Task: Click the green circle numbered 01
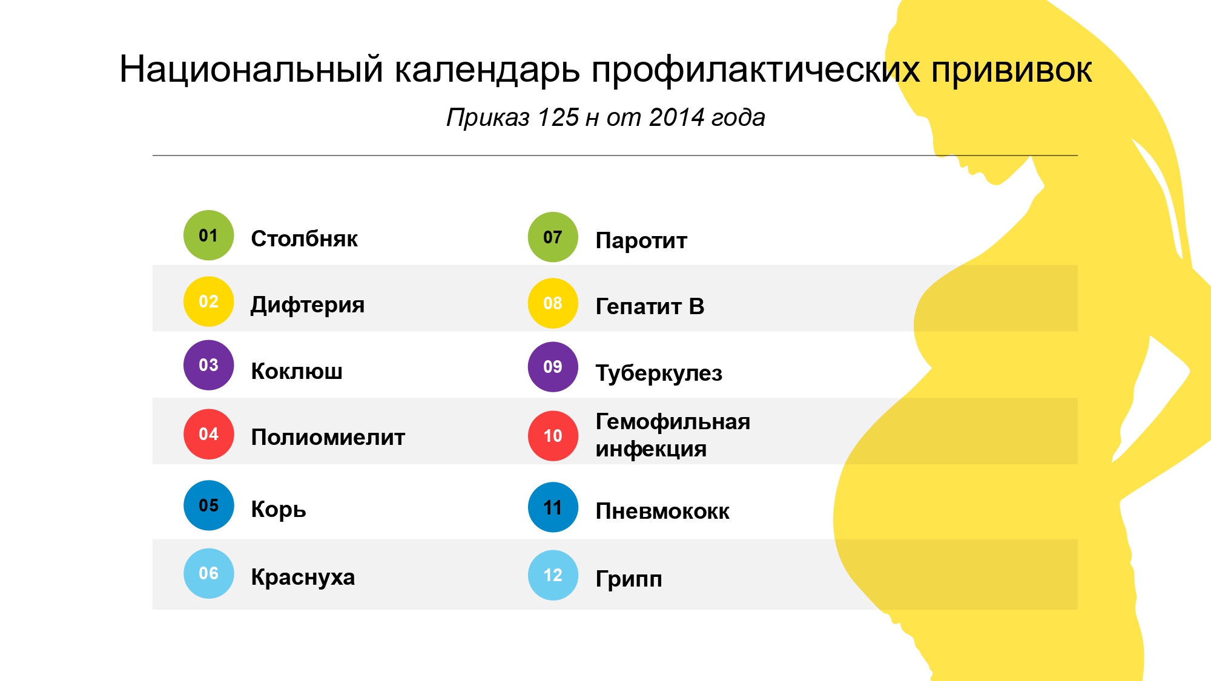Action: [x=208, y=235]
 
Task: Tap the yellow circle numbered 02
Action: [x=208, y=301]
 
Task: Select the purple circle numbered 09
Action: [x=553, y=367]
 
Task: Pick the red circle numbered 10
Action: [x=553, y=436]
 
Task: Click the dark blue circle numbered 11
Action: [x=553, y=507]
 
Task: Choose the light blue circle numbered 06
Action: [x=208, y=573]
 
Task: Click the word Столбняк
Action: [x=304, y=239]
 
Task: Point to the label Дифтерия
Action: [x=308, y=305]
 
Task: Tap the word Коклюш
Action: [x=297, y=371]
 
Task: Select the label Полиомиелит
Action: [x=328, y=437]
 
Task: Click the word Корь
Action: [x=279, y=509]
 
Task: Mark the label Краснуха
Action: [x=303, y=577]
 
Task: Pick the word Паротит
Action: [x=641, y=241]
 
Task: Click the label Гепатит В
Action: [x=650, y=306]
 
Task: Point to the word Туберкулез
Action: [x=659, y=373]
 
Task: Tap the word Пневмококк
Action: [x=662, y=512]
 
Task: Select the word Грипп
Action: [x=629, y=579]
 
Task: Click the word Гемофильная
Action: [x=673, y=421]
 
